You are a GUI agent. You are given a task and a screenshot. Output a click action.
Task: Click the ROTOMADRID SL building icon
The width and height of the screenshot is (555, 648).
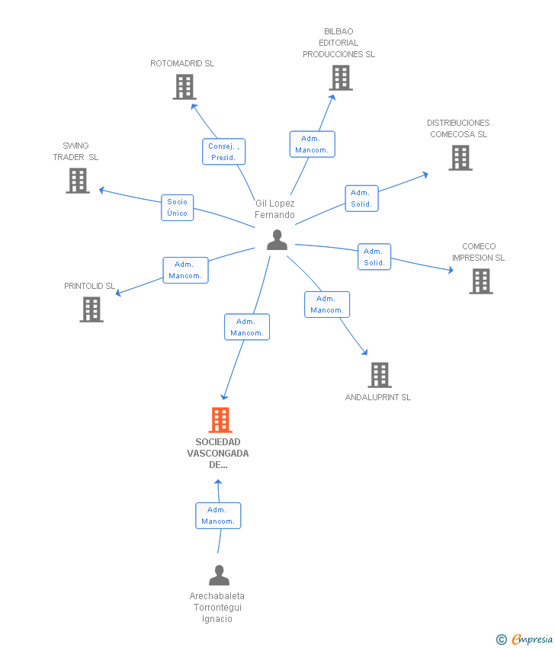click(x=184, y=87)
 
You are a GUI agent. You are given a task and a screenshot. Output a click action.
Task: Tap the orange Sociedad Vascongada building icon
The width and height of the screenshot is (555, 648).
click(x=220, y=420)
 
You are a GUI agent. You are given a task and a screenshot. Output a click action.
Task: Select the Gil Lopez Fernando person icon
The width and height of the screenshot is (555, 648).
click(x=277, y=240)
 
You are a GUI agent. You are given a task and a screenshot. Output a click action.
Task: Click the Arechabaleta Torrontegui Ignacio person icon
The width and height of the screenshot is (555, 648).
click(x=219, y=576)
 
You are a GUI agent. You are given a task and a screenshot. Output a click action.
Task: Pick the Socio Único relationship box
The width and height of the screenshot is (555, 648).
click(x=178, y=207)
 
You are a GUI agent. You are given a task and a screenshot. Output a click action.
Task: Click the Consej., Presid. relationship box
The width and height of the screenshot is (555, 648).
click(x=223, y=152)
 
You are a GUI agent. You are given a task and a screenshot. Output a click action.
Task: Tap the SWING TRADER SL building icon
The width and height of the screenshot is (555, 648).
click(x=78, y=181)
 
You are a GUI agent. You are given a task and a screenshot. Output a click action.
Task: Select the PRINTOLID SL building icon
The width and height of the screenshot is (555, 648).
click(x=91, y=310)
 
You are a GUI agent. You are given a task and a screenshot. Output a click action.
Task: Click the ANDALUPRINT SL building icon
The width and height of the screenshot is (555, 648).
click(x=380, y=375)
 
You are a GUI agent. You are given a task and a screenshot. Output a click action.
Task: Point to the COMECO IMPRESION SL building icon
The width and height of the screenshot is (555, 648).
click(x=481, y=281)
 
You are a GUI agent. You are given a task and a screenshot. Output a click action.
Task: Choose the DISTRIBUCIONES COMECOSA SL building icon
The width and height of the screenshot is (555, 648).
click(x=460, y=158)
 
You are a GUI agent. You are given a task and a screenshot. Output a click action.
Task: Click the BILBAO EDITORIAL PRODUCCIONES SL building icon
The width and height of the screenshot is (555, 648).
click(x=341, y=78)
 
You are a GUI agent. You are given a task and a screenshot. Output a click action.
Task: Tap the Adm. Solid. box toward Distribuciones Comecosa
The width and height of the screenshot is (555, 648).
click(x=361, y=198)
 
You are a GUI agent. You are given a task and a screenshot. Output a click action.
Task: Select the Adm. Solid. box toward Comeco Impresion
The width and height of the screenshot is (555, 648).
click(x=374, y=257)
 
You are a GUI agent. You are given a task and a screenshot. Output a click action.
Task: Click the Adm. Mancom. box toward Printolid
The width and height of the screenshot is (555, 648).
click(x=185, y=271)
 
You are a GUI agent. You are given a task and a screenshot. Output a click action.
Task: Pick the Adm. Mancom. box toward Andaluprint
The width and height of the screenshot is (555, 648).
click(x=327, y=305)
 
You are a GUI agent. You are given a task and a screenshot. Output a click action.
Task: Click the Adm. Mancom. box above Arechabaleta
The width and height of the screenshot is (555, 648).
click(x=218, y=516)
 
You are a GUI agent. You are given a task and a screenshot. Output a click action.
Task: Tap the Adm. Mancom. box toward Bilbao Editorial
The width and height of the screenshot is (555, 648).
click(x=312, y=144)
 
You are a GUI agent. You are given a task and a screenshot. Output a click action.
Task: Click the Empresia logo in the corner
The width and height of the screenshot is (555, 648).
click(x=525, y=640)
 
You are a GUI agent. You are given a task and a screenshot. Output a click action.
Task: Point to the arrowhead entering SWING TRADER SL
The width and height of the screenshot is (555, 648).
click(x=101, y=190)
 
